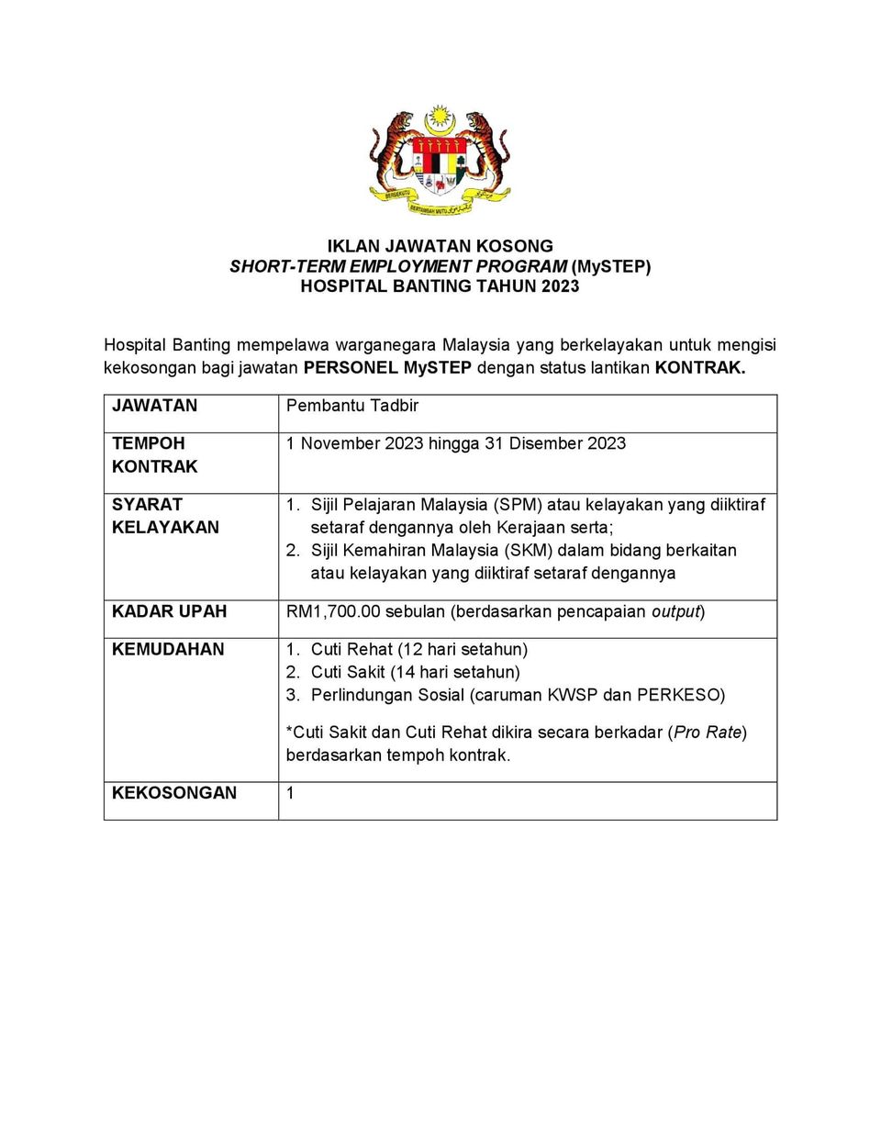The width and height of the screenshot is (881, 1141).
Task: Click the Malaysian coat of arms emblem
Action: (440, 161)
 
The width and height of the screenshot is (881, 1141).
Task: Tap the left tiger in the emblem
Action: (392, 151)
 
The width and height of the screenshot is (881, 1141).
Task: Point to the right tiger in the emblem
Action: (487, 151)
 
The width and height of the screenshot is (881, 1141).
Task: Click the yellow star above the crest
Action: (440, 118)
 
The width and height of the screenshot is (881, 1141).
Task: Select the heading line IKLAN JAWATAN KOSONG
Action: (440, 246)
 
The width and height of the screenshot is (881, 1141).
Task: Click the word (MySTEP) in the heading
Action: (611, 266)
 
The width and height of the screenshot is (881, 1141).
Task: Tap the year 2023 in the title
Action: (560, 286)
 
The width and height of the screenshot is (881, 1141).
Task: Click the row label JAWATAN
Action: (154, 406)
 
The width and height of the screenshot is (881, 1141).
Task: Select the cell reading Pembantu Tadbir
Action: (352, 406)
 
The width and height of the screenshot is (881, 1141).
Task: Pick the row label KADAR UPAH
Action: (169, 611)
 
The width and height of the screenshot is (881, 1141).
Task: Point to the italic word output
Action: (675, 611)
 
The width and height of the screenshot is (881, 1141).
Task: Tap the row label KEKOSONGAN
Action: (174, 793)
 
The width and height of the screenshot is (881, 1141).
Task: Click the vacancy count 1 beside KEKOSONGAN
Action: (290, 793)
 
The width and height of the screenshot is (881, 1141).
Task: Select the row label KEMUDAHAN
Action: (168, 649)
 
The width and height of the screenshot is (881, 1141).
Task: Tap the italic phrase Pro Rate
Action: (708, 733)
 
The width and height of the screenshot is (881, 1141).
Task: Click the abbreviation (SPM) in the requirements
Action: (519, 505)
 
